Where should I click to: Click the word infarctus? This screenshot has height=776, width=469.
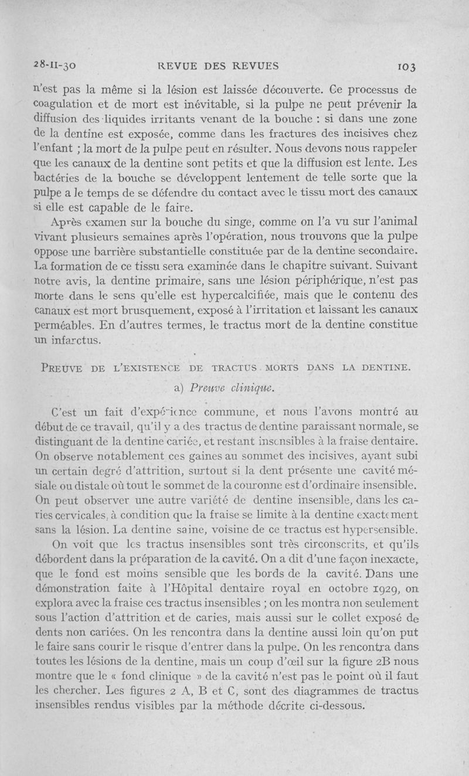(79, 338)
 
